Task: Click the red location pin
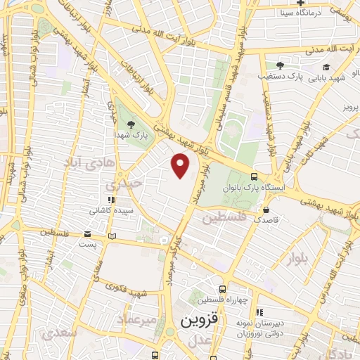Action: pyautogui.click(x=181, y=165)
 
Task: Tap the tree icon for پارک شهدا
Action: pyautogui.click(x=123, y=124)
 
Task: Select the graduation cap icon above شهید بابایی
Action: pyautogui.click(x=328, y=66)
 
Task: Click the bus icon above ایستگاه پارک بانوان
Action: pyautogui.click(x=254, y=177)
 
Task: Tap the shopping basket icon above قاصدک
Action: pyautogui.click(x=266, y=210)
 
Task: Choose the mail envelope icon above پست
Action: pyautogui.click(x=87, y=234)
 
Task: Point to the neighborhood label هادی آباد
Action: pyautogui.click(x=89, y=164)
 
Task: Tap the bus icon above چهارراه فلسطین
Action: pyautogui.click(x=222, y=289)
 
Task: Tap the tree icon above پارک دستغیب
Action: pyautogui.click(x=281, y=65)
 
